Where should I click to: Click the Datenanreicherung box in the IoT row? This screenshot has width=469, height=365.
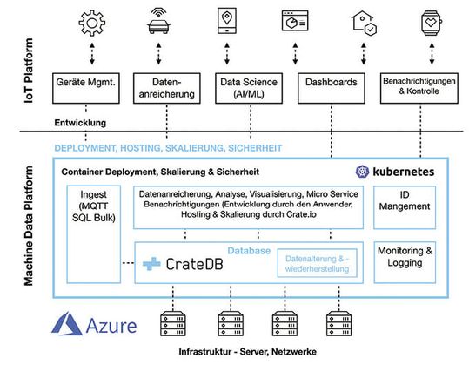164,86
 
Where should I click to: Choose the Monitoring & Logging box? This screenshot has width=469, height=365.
405,256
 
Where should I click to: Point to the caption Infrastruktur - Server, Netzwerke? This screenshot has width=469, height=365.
252,355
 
